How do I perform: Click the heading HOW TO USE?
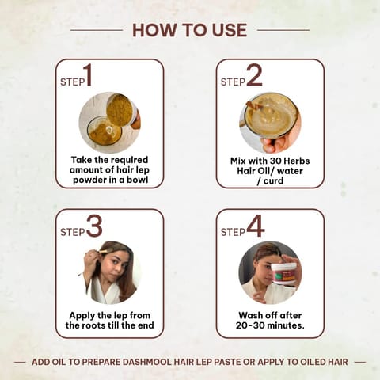(189, 30)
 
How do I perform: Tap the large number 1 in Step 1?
(87, 77)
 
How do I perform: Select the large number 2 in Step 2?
(253, 77)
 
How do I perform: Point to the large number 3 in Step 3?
(94, 227)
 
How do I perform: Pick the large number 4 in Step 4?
(255, 227)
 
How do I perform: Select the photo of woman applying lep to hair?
(109, 272)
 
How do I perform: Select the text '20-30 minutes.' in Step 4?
(270, 325)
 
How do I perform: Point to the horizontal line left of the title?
(96, 30)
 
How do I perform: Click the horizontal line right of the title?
(283, 30)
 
